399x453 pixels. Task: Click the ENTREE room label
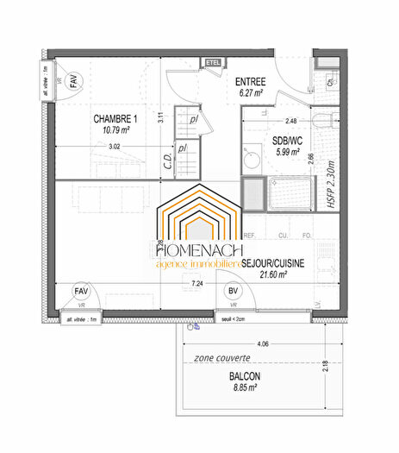252,82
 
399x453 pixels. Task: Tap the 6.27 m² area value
252,93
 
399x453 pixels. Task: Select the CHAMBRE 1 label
115,118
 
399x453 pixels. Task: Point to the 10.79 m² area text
115,130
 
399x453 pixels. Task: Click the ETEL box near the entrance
213,62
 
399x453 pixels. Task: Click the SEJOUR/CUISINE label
275,262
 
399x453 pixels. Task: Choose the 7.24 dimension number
196,283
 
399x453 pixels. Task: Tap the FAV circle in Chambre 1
74,80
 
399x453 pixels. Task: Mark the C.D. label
166,160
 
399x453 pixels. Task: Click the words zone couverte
222,357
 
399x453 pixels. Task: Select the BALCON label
246,377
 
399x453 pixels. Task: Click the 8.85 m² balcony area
246,389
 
